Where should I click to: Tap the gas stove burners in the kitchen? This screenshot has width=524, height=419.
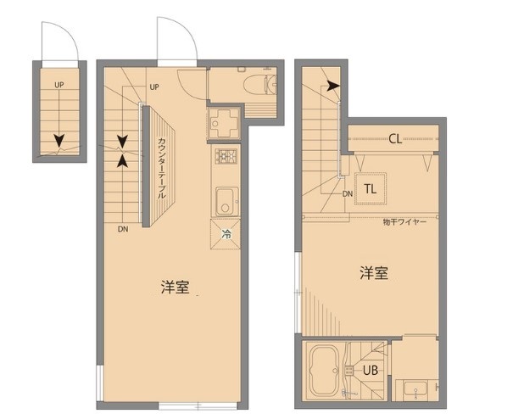click(225, 156)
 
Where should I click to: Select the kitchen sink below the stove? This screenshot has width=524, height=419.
click(226, 201)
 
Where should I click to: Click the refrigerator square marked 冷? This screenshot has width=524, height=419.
click(226, 232)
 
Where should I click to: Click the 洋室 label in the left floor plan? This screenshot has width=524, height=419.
click(175, 287)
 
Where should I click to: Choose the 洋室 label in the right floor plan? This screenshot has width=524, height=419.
click(374, 273)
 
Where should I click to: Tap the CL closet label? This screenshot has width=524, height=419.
click(395, 139)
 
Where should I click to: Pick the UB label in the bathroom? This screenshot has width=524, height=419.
click(371, 370)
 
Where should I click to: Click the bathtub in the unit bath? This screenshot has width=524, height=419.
click(323, 371)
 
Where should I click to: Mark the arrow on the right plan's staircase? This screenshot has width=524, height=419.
click(332, 86)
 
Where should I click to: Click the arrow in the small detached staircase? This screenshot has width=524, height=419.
click(59, 141)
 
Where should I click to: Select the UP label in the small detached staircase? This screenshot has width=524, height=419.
click(59, 85)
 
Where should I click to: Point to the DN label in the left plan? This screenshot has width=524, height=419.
click(123, 228)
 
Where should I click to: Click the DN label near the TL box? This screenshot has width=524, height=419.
click(348, 193)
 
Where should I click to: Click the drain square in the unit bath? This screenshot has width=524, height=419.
click(348, 370)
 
